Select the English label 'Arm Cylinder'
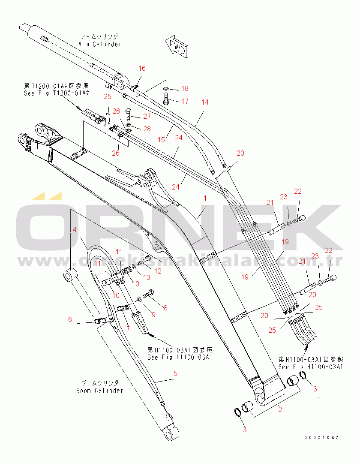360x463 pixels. pyautogui.click(x=100, y=44)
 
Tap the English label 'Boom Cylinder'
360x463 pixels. pyautogui.click(x=99, y=391)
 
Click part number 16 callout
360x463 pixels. pyautogui.click(x=142, y=68)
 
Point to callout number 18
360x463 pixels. pyautogui.click(x=184, y=89)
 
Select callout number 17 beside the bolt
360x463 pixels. pyautogui.click(x=184, y=102)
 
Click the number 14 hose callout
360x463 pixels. pyautogui.click(x=205, y=102)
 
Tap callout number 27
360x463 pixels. pyautogui.click(x=147, y=117)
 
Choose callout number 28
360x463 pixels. pyautogui.click(x=147, y=129)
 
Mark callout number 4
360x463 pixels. pyautogui.click(x=75, y=229)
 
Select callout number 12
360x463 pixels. pyautogui.click(x=158, y=271)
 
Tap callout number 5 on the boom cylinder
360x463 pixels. pyautogui.click(x=174, y=373)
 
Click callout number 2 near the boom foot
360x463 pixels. pyautogui.click(x=280, y=409)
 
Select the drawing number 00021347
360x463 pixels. pyautogui.click(x=321, y=438)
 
